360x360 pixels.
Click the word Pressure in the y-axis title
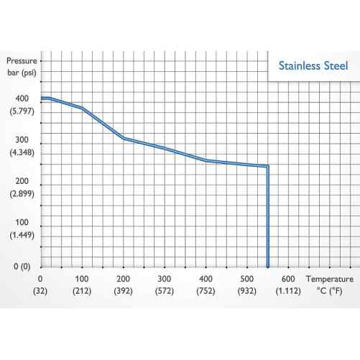tap(22, 61)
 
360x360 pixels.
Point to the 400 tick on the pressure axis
tap(22, 98)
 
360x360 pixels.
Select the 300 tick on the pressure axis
tap(22, 140)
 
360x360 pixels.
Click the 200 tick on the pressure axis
tap(22, 182)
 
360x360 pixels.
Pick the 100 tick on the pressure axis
tap(22, 223)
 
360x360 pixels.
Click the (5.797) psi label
tap(22, 111)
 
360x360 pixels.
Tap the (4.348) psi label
tap(22, 152)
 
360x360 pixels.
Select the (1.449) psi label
tap(22, 235)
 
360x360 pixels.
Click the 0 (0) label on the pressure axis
tap(21, 266)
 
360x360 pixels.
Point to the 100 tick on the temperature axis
tap(82, 279)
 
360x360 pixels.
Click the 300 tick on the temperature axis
tap(165, 279)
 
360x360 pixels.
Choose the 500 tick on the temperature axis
tap(247, 279)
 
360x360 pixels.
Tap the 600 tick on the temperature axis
tap(288, 279)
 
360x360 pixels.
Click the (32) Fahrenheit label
tap(41, 292)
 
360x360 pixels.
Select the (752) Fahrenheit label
tap(206, 292)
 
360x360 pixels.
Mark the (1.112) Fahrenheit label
tap(288, 292)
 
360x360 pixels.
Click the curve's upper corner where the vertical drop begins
tap(268, 167)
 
